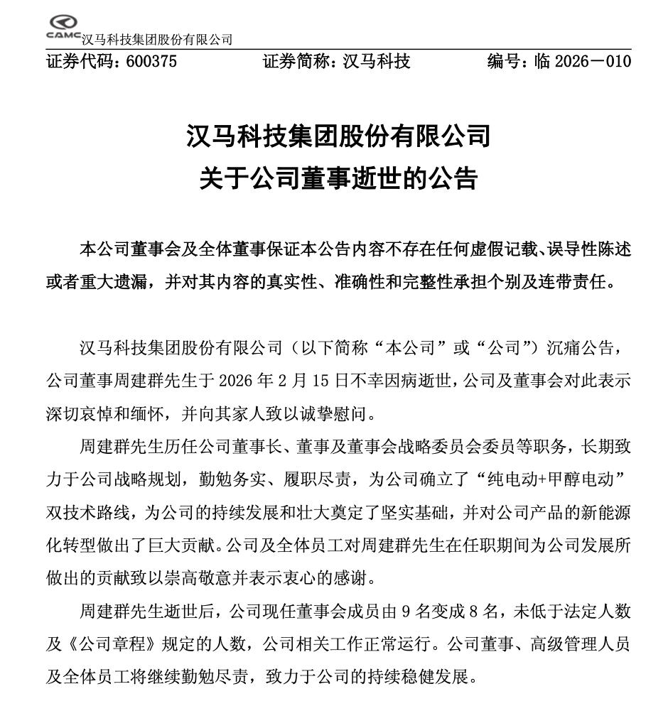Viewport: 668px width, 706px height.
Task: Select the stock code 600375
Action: pyautogui.click(x=151, y=61)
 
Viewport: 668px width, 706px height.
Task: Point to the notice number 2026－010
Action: pyautogui.click(x=592, y=61)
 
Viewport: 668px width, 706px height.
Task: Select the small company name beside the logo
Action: pyautogui.click(x=157, y=40)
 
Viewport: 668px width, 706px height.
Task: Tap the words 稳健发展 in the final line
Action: pyautogui.click(x=435, y=676)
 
